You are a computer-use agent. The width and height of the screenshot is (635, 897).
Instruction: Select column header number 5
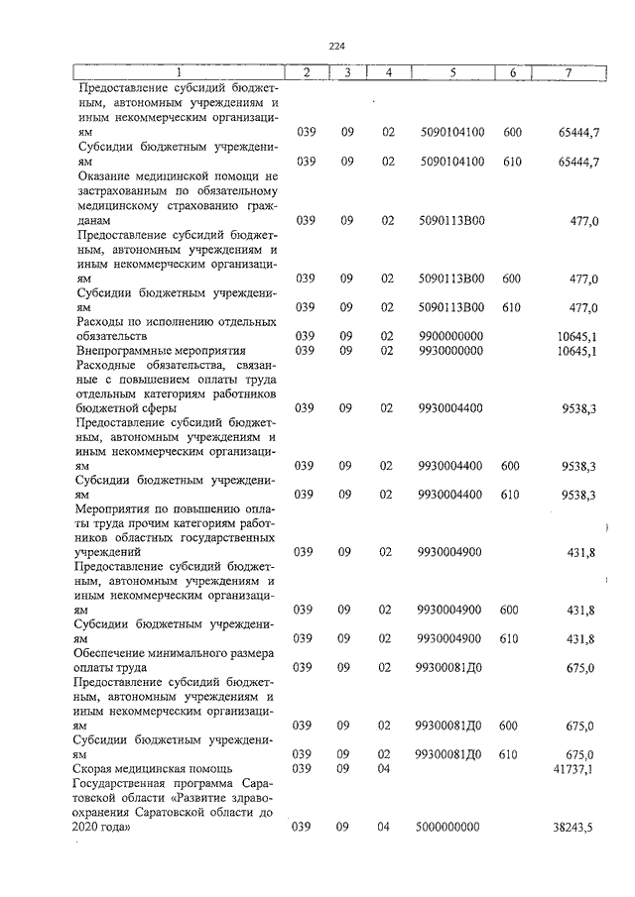pos(451,72)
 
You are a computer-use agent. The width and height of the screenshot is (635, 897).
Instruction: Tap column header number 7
pos(569,72)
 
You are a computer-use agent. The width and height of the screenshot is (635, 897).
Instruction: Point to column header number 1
pos(179,72)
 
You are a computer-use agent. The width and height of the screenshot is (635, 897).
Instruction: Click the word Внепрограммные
pos(122,350)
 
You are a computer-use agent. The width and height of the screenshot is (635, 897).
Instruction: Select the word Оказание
pos(106,175)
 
